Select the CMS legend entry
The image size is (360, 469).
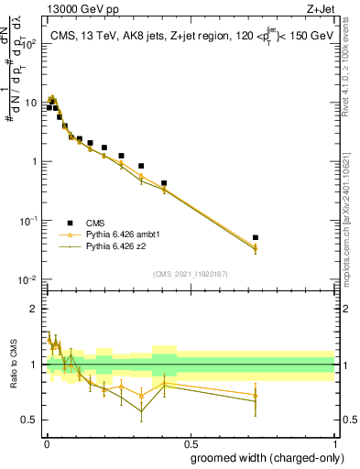pyautogui.click(x=96, y=223)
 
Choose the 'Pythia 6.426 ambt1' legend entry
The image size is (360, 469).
pyautogui.click(x=122, y=234)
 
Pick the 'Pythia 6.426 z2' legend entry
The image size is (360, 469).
pyautogui.click(x=115, y=246)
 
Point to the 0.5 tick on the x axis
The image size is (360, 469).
pyautogui.click(x=191, y=441)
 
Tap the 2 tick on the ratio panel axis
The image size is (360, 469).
pyautogui.click(x=34, y=309)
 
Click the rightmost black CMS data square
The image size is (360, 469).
pyautogui.click(x=256, y=237)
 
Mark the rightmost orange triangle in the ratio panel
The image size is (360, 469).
pyautogui.click(x=256, y=395)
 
